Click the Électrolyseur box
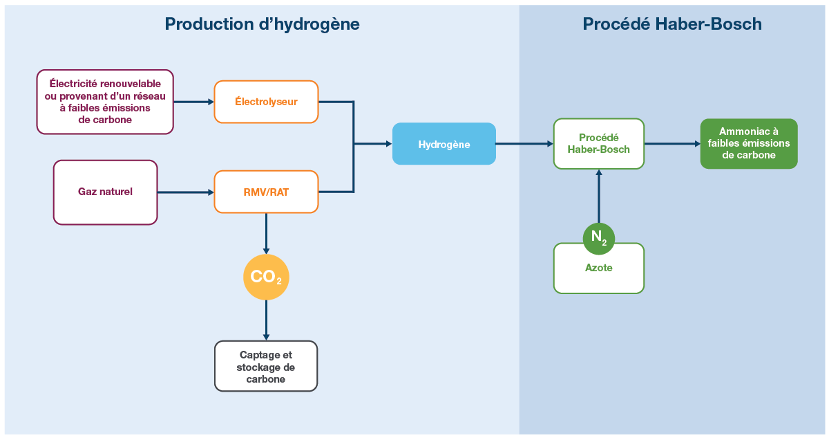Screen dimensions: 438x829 (266, 102)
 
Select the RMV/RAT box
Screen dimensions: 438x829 (266, 192)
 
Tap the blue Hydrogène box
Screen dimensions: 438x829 (444, 144)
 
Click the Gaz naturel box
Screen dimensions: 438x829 (105, 192)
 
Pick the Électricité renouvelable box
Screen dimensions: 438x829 (104, 102)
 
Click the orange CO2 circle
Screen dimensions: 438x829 (266, 277)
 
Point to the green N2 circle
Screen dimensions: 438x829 (598, 239)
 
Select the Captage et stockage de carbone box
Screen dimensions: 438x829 (266, 366)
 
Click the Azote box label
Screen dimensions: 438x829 (598, 268)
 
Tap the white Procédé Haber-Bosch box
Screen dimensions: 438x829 (598, 143)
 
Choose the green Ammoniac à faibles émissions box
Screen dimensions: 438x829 (748, 143)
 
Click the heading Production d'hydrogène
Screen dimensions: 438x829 (262, 24)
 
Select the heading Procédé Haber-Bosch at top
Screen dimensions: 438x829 (671, 24)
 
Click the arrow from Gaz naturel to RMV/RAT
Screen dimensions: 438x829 (185, 192)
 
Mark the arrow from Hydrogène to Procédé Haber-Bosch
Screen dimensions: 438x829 (524, 144)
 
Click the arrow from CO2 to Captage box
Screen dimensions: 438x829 (266, 320)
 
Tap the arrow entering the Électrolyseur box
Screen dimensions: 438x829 (193, 102)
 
